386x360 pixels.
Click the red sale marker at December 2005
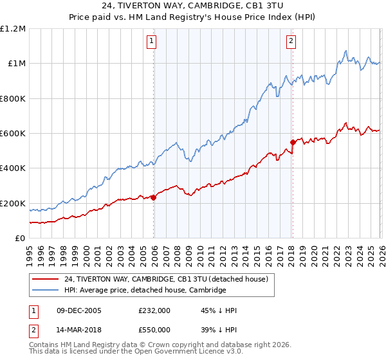point(154,198)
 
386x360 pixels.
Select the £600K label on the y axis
point(13,134)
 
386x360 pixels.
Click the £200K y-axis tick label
point(13,204)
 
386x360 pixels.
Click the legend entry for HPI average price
point(145,290)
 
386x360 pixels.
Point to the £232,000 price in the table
point(154,310)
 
